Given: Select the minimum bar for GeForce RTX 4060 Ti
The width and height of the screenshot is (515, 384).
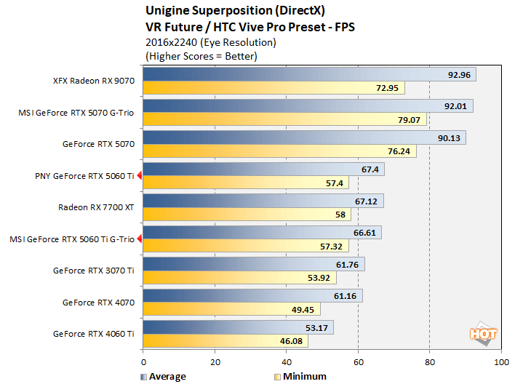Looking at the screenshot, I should [x=225, y=340].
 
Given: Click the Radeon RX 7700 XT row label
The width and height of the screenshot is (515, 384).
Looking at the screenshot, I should [x=96, y=207].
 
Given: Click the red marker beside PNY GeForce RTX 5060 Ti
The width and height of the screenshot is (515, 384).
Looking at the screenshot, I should [x=138, y=175].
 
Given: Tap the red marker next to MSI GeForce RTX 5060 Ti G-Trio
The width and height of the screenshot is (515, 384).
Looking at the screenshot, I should [x=138, y=239].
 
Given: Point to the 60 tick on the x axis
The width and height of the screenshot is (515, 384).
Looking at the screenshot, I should [x=358, y=361].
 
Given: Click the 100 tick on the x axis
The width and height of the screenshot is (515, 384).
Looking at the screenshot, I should [x=500, y=361].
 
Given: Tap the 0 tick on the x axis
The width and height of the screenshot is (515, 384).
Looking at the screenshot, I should [x=143, y=361].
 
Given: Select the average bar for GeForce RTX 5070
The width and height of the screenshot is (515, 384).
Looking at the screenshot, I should [x=304, y=137].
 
